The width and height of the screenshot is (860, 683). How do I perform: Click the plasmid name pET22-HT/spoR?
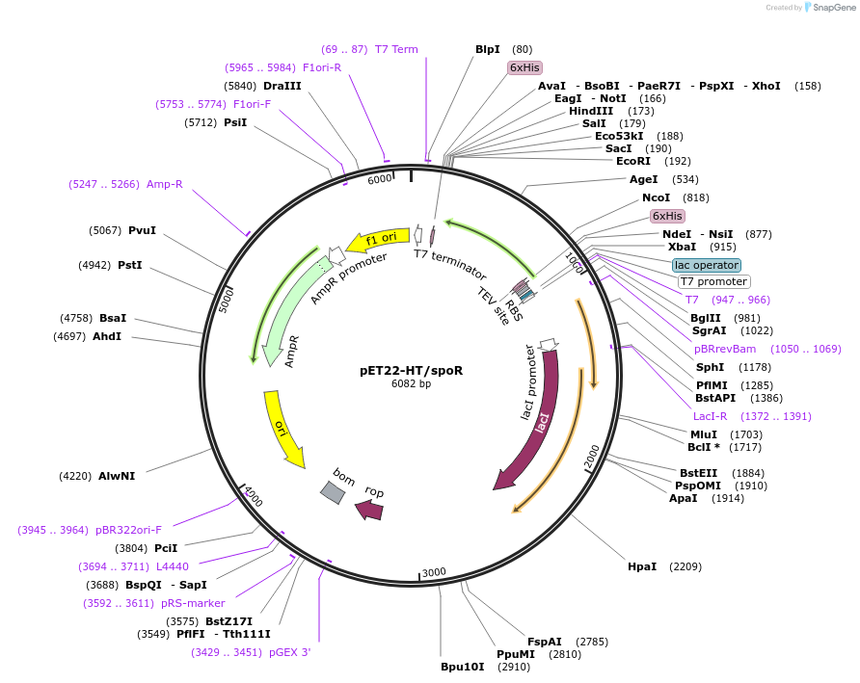411,370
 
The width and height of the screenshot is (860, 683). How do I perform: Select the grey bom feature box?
333,492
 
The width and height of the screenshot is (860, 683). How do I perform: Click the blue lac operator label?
707,265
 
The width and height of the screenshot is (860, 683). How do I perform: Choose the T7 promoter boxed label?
713,282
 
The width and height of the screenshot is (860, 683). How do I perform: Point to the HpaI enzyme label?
641,566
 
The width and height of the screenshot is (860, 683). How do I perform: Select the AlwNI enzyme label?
117,476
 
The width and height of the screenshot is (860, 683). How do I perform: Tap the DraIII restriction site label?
282,86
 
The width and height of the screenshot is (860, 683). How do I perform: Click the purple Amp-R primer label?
164,184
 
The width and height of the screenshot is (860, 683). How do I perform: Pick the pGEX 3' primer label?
289,652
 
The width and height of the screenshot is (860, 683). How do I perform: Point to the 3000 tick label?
435,572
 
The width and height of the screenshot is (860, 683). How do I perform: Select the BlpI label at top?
488,49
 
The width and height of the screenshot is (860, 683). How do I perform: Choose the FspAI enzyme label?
544,642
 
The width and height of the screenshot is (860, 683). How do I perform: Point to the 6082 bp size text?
411,383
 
